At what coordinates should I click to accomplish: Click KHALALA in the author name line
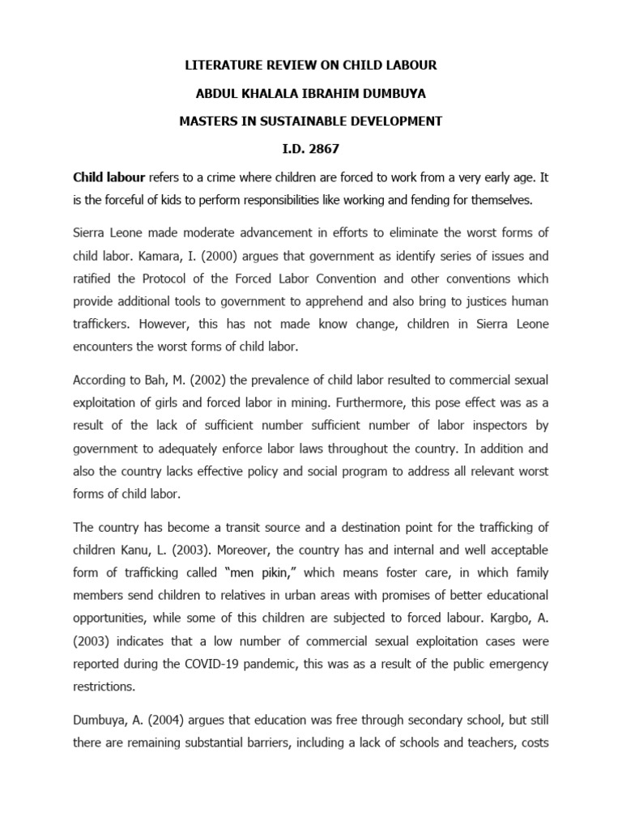(x=273, y=93)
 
